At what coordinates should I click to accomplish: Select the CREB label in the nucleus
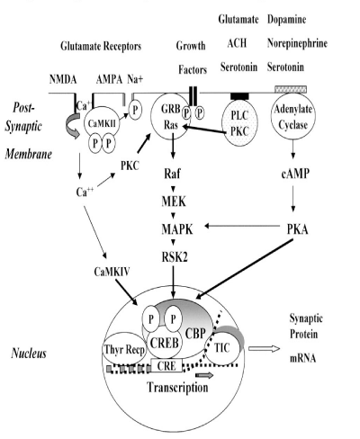click(x=165, y=343)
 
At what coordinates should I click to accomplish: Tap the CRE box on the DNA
click(x=166, y=366)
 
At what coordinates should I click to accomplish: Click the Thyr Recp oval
click(x=124, y=350)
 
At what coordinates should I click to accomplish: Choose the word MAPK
click(x=177, y=229)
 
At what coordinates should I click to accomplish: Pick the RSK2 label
click(x=175, y=256)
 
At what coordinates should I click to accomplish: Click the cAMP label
click(x=295, y=174)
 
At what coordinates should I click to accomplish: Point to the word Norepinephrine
click(x=297, y=43)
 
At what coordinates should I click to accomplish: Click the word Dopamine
click(x=286, y=20)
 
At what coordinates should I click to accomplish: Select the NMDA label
click(x=63, y=80)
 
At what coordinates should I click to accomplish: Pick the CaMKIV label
click(x=112, y=272)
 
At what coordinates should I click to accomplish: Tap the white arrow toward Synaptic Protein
click(x=264, y=348)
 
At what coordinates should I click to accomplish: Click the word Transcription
click(x=177, y=388)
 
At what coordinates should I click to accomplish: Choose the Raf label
click(x=172, y=174)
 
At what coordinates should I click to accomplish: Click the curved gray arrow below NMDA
click(x=72, y=127)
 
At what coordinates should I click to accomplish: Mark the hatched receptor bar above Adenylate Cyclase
click(x=291, y=89)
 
